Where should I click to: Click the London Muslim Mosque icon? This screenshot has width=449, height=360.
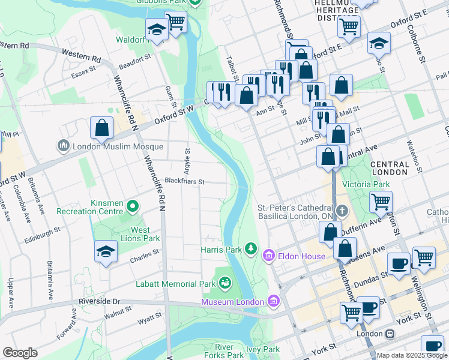pyautogui.click(x=64, y=146)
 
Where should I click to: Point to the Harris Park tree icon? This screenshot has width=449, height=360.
pyautogui.click(x=253, y=248)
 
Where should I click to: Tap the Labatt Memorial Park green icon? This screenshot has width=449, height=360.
pyautogui.click(x=226, y=281)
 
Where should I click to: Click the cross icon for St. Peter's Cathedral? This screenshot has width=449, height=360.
pyautogui.click(x=342, y=211)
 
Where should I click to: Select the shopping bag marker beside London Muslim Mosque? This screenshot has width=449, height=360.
pyautogui.click(x=102, y=127)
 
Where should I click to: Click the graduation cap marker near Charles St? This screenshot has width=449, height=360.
pyautogui.click(x=106, y=251)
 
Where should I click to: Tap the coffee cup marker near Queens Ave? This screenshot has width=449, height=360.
pyautogui.click(x=399, y=263)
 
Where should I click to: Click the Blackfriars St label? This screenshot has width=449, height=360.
pyautogui.click(x=185, y=181)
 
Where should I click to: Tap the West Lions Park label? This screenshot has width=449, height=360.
pyautogui.click(x=141, y=234)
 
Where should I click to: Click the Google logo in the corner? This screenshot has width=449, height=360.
pyautogui.click(x=20, y=353)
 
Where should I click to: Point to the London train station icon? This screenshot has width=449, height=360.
pyautogui.click(x=390, y=334)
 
